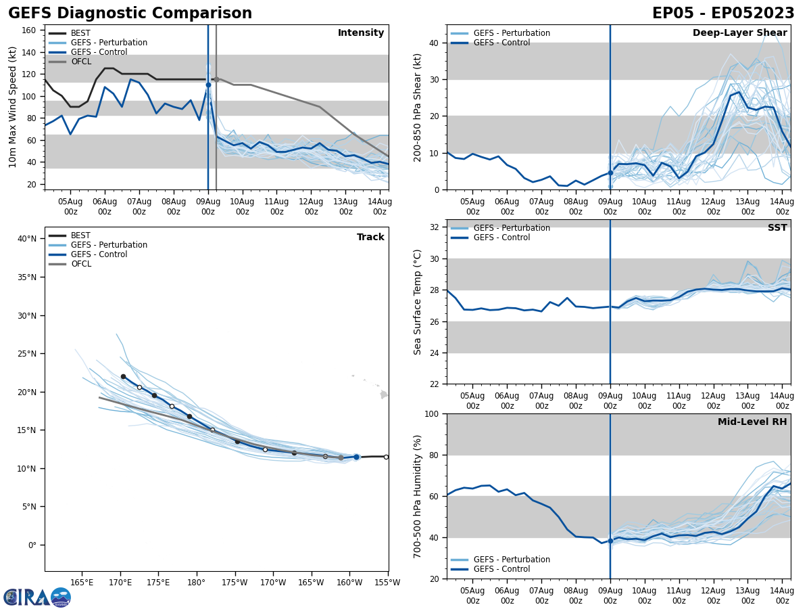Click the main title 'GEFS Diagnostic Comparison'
(x=130, y=14)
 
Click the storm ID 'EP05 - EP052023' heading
(x=723, y=14)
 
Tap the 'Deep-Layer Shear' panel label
(x=739, y=33)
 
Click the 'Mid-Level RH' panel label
(x=752, y=422)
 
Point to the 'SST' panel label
(x=777, y=228)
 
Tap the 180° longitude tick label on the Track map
(x=196, y=582)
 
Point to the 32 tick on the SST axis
(x=435, y=227)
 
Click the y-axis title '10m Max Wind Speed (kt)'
(x=13, y=107)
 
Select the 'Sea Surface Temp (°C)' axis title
(x=418, y=302)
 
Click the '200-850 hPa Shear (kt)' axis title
(x=418, y=108)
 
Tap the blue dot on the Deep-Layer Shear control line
(x=610, y=173)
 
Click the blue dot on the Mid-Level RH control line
(x=610, y=541)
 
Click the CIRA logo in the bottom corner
(x=37, y=597)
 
